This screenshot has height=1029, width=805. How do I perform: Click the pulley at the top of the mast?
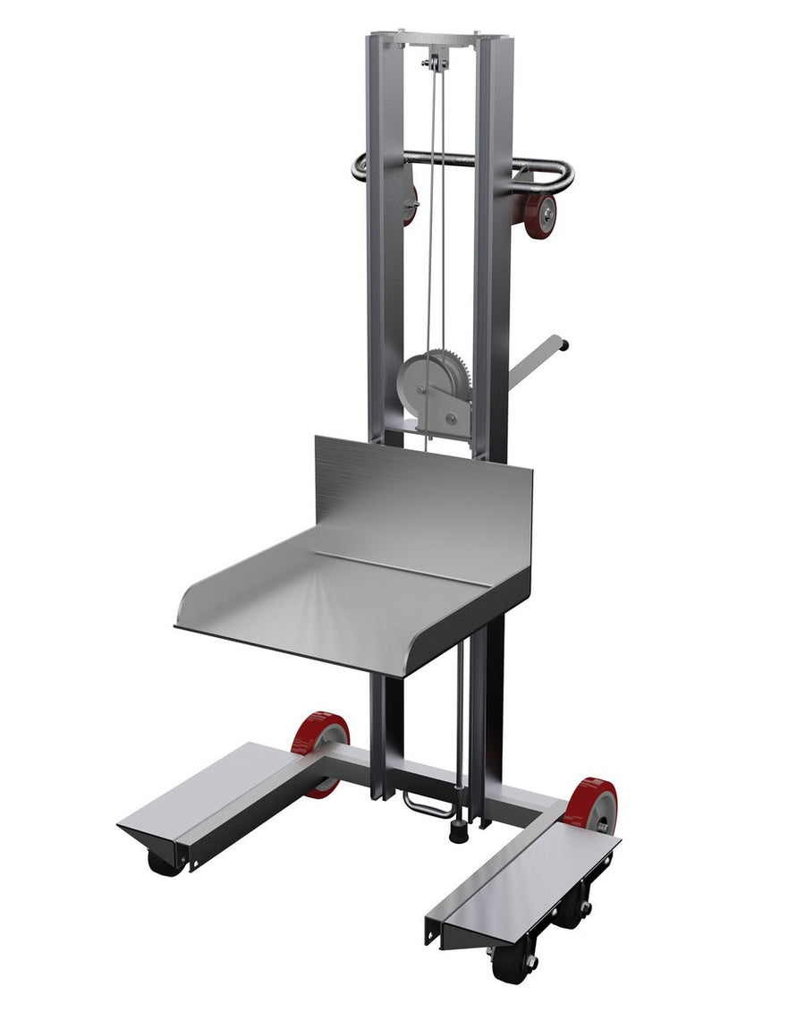coord(434,64)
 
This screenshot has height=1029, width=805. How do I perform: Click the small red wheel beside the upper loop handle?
coord(540,215)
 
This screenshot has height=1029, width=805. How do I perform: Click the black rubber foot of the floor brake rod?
coord(457,831)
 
